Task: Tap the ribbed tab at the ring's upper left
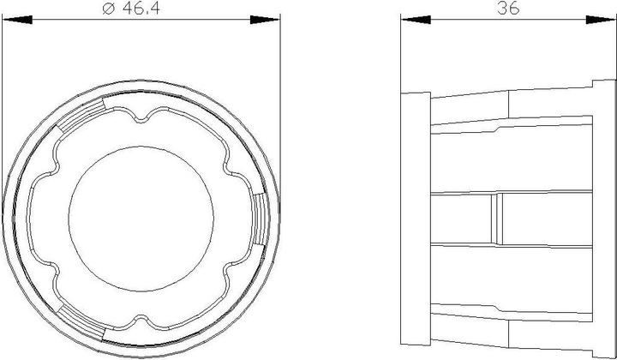[x=81, y=117]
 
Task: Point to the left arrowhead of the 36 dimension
[x=410, y=18]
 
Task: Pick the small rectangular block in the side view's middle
[x=496, y=219]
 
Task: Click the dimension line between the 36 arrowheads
[x=463, y=18]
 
